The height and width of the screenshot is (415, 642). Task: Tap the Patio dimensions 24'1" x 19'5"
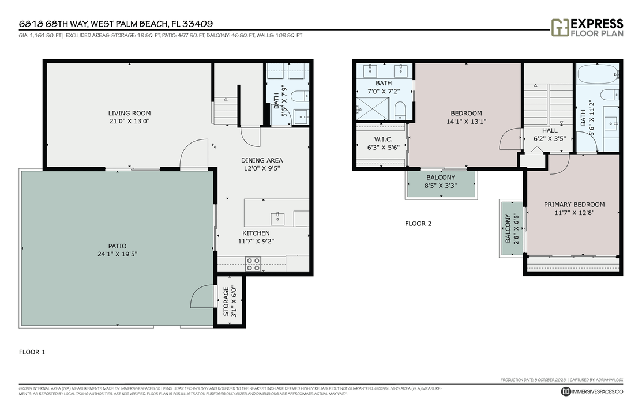click(x=117, y=254)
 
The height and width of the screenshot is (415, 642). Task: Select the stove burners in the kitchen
click(x=253, y=264)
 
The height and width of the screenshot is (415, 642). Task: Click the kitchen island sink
click(x=278, y=218)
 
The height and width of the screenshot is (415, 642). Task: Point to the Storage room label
click(x=226, y=301)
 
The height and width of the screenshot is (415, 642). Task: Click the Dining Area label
click(x=262, y=160)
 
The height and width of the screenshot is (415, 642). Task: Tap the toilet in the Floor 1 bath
click(x=299, y=96)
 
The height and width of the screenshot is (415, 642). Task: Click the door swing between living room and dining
click(x=194, y=153)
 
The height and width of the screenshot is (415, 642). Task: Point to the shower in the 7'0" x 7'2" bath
click(x=373, y=108)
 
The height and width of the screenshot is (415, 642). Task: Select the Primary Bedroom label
click(x=574, y=205)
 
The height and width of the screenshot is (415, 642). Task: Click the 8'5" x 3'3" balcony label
click(x=441, y=178)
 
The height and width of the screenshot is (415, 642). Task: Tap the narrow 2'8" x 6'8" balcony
click(x=508, y=229)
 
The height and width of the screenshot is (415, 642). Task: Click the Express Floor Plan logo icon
click(x=560, y=27)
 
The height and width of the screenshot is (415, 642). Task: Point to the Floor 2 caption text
click(x=418, y=224)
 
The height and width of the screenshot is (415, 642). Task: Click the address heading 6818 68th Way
click(x=115, y=24)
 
